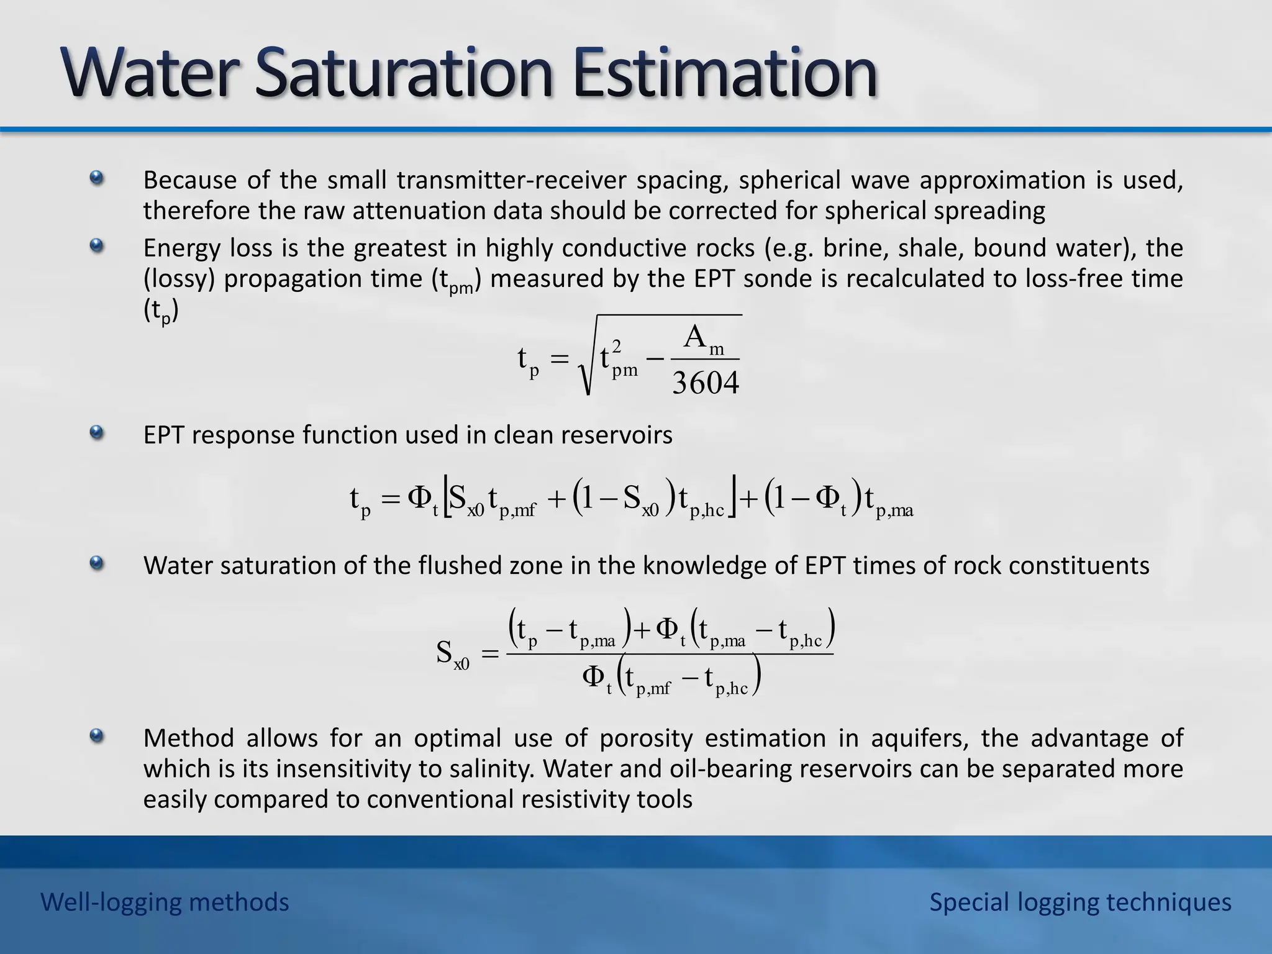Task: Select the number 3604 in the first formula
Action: click(706, 383)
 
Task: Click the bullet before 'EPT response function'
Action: click(96, 432)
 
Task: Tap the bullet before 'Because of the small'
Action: click(96, 179)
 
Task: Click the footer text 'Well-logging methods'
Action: click(165, 902)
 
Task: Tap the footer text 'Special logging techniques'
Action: click(1079, 902)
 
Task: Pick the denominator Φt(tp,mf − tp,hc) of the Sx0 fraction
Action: click(671, 679)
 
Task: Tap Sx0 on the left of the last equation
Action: click(452, 655)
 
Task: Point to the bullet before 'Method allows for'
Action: click(96, 737)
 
